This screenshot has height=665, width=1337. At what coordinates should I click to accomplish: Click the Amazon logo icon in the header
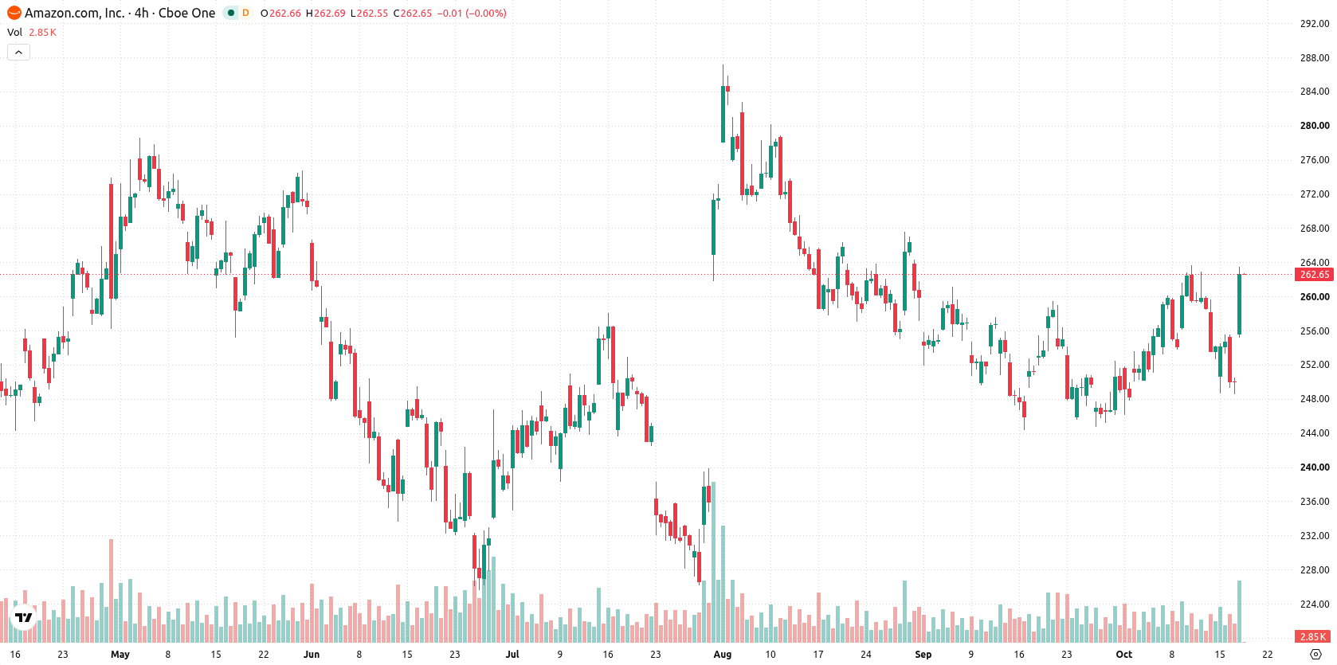point(14,13)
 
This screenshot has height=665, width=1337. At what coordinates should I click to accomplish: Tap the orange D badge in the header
point(245,13)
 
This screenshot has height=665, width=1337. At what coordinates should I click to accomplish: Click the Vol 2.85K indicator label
point(32,32)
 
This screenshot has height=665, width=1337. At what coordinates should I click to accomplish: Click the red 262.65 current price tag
point(1314,274)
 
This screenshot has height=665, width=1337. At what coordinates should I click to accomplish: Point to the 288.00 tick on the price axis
point(1315,58)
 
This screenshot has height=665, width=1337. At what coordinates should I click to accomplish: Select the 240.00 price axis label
point(1315,467)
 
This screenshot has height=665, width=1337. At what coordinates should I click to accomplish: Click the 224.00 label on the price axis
point(1315,604)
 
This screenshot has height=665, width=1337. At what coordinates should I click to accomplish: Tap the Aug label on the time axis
point(722,655)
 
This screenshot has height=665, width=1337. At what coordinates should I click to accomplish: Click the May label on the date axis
point(120,655)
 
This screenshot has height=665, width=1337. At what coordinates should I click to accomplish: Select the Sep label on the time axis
point(923,655)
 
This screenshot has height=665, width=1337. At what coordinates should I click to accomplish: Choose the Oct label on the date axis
point(1124,655)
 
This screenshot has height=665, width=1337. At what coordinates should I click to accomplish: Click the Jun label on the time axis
point(311,655)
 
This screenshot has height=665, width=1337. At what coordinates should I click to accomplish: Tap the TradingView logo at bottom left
point(24,617)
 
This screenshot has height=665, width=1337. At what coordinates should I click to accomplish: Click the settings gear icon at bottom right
point(1315,655)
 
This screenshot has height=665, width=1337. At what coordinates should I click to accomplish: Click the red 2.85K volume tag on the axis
point(1314,636)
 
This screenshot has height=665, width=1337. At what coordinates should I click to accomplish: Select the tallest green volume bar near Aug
point(713,561)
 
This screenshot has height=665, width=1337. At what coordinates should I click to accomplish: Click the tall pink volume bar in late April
point(111,590)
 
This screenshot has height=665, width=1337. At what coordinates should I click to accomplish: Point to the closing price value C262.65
point(413,13)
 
